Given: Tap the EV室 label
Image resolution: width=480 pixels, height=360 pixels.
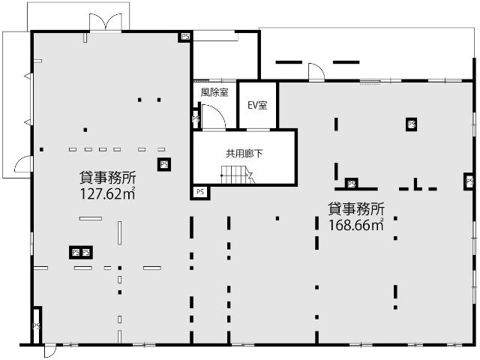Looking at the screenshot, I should pos(257,104).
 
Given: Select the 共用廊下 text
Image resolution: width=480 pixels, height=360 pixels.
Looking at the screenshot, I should pos(244,153).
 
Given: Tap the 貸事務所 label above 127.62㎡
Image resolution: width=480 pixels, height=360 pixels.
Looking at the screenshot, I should pos(108,178).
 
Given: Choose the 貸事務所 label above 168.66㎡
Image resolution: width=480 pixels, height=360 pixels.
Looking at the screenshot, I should pos(356,208).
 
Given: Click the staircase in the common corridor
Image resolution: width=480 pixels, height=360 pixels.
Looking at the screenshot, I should pos(236,176).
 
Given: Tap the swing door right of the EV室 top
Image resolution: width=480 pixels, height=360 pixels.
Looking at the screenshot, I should pos(316,72).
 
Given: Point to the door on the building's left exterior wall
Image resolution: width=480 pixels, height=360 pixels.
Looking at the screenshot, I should pos(22,165).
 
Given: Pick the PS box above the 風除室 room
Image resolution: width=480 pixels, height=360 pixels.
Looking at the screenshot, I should pos(184,36).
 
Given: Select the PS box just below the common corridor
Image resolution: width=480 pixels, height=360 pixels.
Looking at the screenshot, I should pos(199,192).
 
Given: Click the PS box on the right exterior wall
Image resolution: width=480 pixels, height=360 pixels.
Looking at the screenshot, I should pos(469,181).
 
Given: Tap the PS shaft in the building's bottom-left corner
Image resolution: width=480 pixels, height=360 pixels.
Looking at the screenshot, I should pos(35,325).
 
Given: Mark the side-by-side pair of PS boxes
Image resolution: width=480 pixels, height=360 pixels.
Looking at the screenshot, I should pos(80,252).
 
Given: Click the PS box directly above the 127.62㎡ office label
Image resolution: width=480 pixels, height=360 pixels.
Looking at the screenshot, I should pos(163,164).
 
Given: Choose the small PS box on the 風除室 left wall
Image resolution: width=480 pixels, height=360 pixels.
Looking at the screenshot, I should pos(195,118).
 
